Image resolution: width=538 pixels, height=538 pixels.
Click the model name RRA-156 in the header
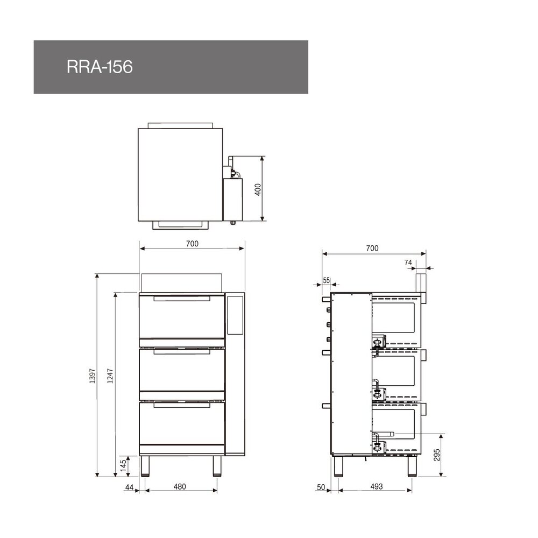(100, 67)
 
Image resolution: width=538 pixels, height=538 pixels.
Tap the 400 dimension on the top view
(258, 189)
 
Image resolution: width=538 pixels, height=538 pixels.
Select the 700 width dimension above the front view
(192, 244)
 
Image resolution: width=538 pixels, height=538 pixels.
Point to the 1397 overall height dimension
(92, 375)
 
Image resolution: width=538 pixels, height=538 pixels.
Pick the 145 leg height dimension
(124, 465)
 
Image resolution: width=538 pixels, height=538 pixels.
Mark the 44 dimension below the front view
(129, 487)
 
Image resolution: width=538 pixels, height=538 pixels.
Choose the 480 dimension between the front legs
(180, 487)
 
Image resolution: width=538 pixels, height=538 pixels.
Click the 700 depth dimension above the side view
(372, 248)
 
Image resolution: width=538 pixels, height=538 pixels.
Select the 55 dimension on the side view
(326, 280)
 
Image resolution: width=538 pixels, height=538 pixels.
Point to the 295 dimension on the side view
(437, 455)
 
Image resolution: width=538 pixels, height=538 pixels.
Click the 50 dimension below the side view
(321, 487)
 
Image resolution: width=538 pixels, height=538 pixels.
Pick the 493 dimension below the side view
(377, 487)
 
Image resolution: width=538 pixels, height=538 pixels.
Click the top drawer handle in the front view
(181, 298)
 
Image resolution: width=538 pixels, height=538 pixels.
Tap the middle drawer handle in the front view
(181, 352)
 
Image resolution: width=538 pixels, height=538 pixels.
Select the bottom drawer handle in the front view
(181, 405)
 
